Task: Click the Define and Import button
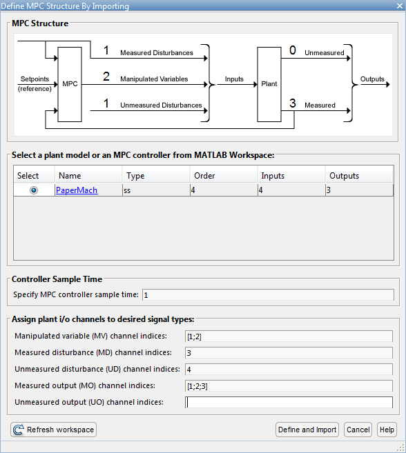307,430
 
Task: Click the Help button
387,430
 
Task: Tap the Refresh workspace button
54,430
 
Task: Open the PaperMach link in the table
77,190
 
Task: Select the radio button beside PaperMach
34,190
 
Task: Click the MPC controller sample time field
268,295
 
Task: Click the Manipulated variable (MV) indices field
289,336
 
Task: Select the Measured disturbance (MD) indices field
289,353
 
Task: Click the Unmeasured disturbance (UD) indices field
289,369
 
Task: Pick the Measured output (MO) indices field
289,385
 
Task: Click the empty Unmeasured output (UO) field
289,402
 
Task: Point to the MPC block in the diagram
70,84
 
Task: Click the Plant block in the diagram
269,84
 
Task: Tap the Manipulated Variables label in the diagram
154,79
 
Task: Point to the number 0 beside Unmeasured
293,50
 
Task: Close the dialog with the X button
400,6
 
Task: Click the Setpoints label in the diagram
35,79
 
